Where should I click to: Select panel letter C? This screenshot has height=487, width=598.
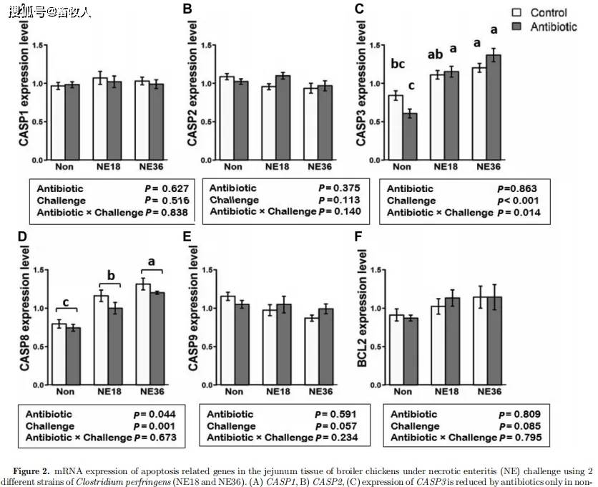pyautogui.click(x=359, y=9)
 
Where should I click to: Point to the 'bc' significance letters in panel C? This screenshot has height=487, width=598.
pyautogui.click(x=398, y=64)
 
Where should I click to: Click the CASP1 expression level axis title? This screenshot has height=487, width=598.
pyautogui.click(x=24, y=85)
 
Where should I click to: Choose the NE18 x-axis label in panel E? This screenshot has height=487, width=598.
pyautogui.click(x=277, y=392)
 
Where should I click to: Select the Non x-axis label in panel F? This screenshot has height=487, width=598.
pyautogui.click(x=403, y=392)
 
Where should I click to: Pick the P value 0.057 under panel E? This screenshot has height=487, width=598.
pyautogui.click(x=338, y=426)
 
